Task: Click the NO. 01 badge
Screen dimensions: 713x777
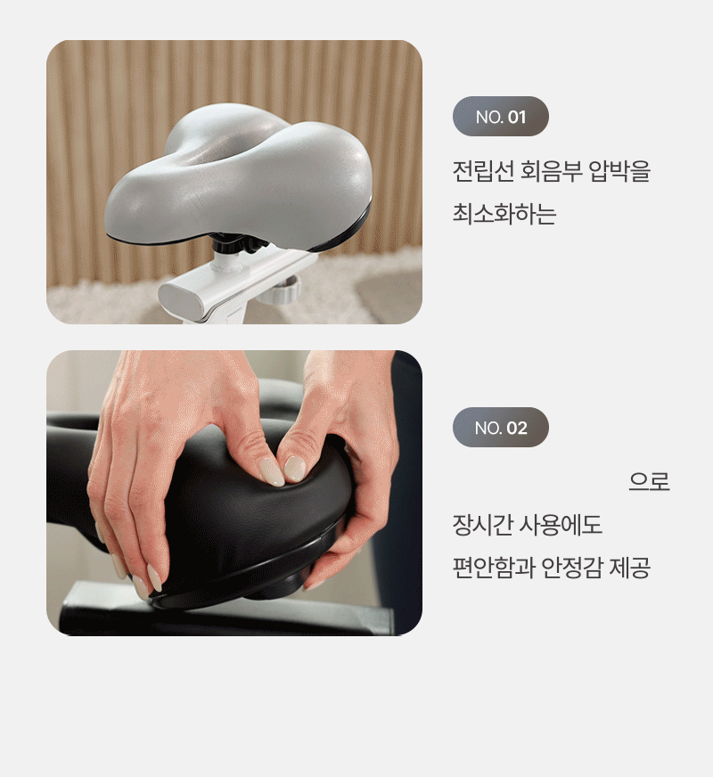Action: pyautogui.click(x=501, y=117)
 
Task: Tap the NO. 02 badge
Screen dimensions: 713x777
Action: pyautogui.click(x=501, y=427)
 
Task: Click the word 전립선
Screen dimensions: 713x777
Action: pyautogui.click(x=482, y=171)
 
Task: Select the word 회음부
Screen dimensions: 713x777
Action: pyautogui.click(x=551, y=171)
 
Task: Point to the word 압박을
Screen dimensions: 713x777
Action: pyautogui.click(x=619, y=171)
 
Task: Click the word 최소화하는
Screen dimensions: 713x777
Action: pyautogui.click(x=504, y=214)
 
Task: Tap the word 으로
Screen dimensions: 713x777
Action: pyautogui.click(x=649, y=481)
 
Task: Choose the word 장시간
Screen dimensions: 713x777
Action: pyautogui.click(x=482, y=525)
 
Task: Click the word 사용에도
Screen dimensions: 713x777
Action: pyautogui.click(x=561, y=525)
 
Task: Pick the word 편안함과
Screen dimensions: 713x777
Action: pyautogui.click(x=493, y=568)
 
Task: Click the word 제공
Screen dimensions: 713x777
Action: pyautogui.click(x=629, y=568)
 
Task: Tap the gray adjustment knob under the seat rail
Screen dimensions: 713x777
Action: pyautogui.click(x=281, y=290)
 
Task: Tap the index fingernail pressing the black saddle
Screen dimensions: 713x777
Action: pyautogui.click(x=272, y=471)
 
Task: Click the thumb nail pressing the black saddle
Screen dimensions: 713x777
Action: pyautogui.click(x=295, y=469)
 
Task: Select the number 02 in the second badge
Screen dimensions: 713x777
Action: pyautogui.click(x=517, y=428)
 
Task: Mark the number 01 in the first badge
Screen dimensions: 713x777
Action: pyautogui.click(x=517, y=118)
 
